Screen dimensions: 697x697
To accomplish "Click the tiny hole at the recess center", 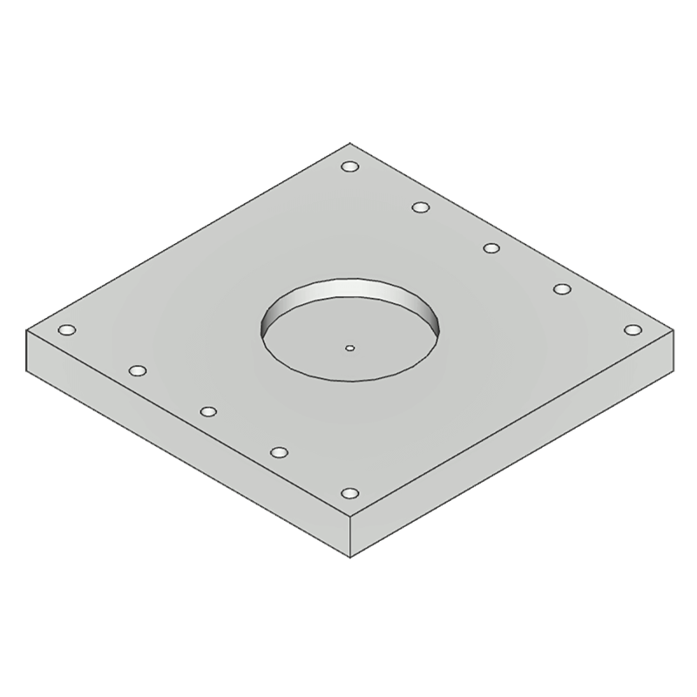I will [x=349, y=348].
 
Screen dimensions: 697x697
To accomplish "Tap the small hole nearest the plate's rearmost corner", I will [x=349, y=167].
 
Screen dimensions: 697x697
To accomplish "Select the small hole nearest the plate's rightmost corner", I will [x=633, y=330].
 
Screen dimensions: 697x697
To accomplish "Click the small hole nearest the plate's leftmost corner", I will [x=65, y=330].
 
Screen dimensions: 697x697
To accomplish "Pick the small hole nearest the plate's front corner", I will [x=349, y=493].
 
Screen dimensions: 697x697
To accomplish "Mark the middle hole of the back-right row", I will [x=491, y=249].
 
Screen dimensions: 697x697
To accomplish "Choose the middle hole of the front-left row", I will [x=207, y=411].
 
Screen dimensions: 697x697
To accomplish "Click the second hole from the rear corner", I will [x=421, y=207].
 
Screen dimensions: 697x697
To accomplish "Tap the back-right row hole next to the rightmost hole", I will [x=562, y=289].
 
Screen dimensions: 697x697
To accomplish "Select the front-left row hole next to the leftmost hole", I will [x=137, y=371].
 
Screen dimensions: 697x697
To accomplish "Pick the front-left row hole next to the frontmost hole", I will [x=279, y=452].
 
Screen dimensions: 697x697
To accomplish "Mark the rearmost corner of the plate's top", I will [x=349, y=143].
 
